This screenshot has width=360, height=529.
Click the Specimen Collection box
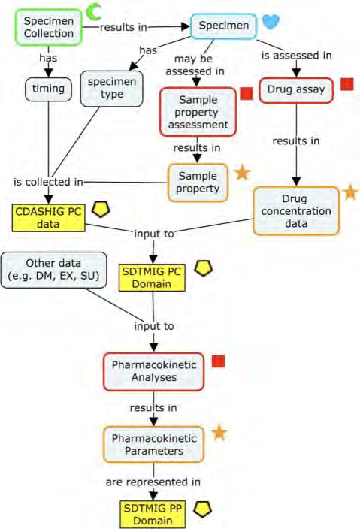click(49, 27)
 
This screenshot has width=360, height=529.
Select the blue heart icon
click(271, 22)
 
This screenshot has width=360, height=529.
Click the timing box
click(49, 89)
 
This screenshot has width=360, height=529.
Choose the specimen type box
click(112, 89)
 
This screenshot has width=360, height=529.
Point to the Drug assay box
click(296, 89)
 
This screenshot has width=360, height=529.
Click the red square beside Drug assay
click(346, 83)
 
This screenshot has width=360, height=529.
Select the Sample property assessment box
click(198, 112)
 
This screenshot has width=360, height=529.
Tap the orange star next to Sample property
click(242, 172)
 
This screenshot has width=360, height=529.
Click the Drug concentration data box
click(296, 211)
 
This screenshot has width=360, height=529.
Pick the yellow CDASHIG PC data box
click(48, 218)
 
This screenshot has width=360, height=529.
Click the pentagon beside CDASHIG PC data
click(101, 209)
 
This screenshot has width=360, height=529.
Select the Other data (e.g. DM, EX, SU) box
click(53, 270)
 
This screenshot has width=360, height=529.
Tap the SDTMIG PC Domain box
click(152, 278)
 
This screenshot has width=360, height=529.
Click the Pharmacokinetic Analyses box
click(154, 371)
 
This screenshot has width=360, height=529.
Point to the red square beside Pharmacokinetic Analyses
click(218, 361)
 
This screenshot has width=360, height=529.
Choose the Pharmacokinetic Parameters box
click(154, 444)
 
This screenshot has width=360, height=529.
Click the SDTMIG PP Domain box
click(153, 515)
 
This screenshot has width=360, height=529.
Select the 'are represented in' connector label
click(153, 482)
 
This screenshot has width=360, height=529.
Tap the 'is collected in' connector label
click(48, 182)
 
